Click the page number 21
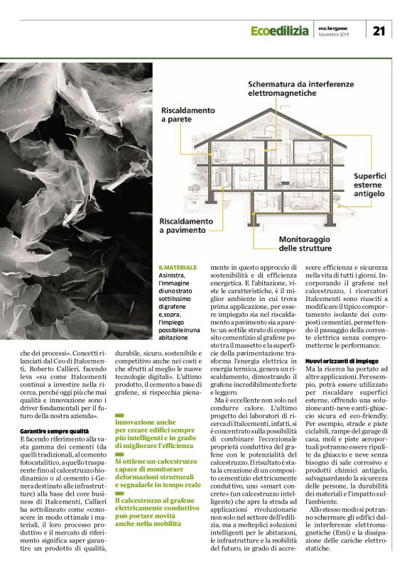(x=379, y=29)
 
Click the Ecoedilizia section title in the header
(x=280, y=31)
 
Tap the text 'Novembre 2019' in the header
(x=334, y=34)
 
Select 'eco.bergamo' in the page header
(x=333, y=27)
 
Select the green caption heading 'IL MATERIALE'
(x=178, y=268)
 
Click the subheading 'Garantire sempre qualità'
(x=54, y=430)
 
